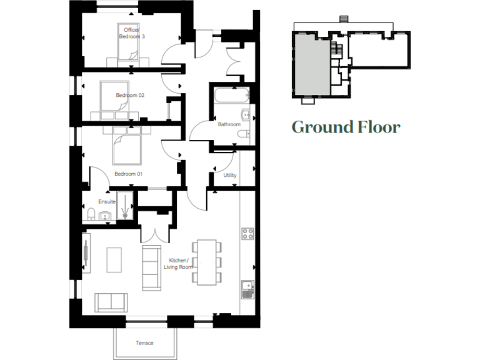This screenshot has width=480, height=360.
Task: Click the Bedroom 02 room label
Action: tap(130, 96)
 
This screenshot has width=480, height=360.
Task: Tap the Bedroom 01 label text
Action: tap(128, 174)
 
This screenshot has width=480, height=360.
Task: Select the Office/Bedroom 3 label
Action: tap(132, 33)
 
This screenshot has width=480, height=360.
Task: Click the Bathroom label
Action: tap(229, 124)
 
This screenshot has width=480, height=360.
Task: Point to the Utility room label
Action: tap(230, 175)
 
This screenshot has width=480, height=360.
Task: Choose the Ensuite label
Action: tap(107, 201)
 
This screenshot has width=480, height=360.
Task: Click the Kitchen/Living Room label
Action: tap(179, 264)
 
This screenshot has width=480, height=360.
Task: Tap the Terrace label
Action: tap(144, 342)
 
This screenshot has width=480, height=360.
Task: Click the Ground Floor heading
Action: tap(346, 127)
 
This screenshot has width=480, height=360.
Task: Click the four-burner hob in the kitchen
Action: tap(247, 234)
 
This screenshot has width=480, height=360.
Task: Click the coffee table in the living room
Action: tap(115, 259)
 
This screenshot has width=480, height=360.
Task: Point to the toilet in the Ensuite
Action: tap(91, 214)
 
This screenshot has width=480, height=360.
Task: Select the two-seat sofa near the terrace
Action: tap(112, 302)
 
